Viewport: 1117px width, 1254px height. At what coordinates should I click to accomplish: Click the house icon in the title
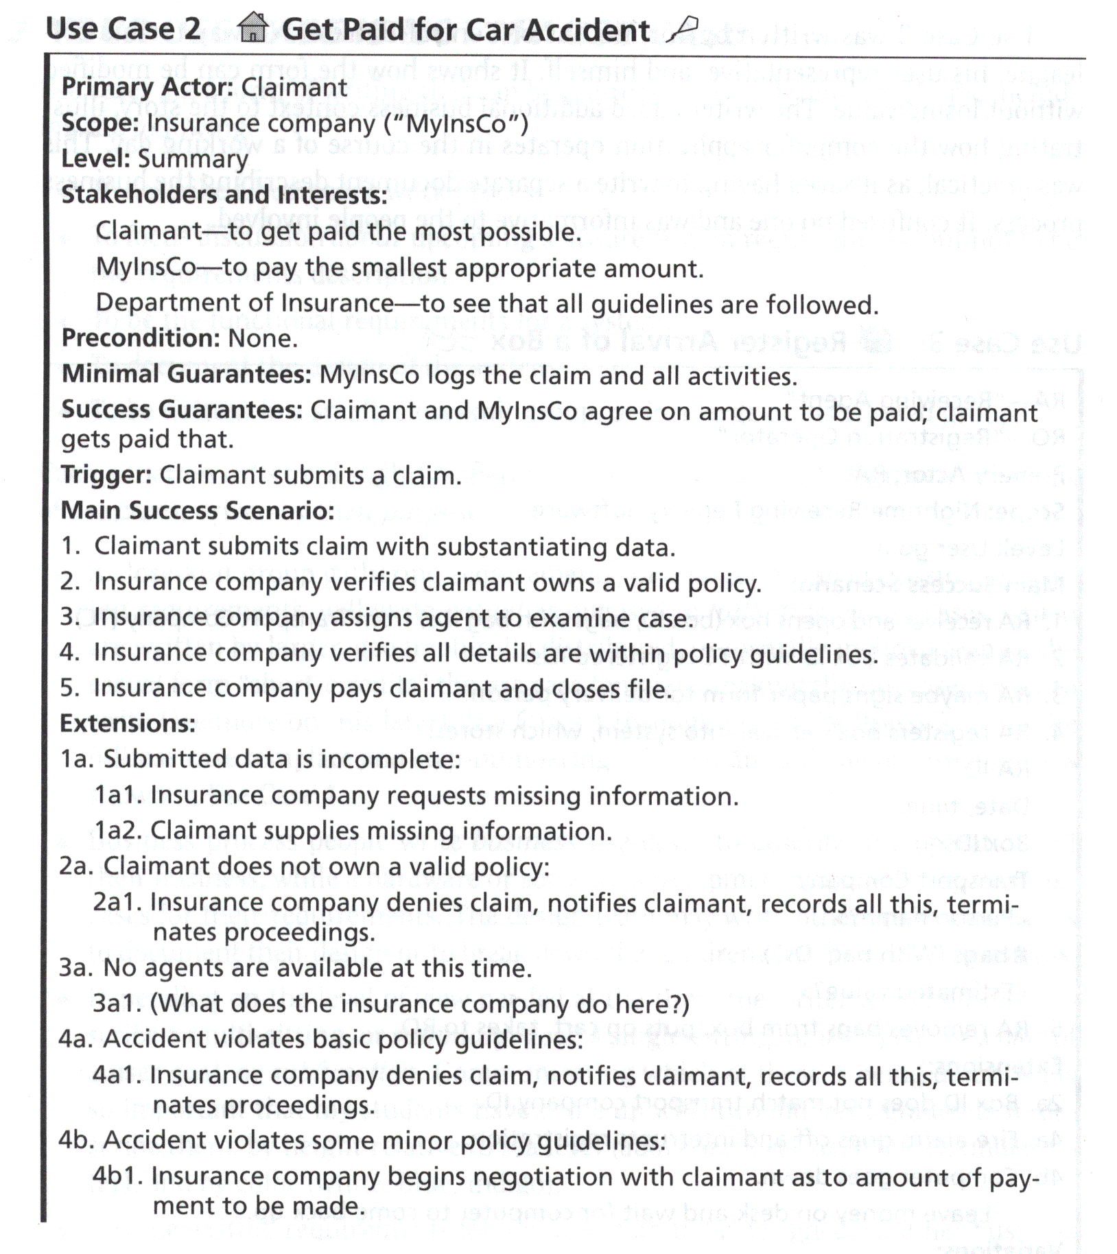(252, 28)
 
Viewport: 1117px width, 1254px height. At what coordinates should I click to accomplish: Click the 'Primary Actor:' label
(148, 87)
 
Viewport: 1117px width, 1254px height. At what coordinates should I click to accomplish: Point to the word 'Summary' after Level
(193, 159)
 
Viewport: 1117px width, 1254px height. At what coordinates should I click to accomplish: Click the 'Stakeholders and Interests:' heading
(224, 196)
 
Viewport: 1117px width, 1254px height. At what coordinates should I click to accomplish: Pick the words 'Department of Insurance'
(245, 303)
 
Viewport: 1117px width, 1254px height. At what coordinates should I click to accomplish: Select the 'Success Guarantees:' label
(182, 410)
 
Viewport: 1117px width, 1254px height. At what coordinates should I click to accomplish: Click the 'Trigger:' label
(106, 475)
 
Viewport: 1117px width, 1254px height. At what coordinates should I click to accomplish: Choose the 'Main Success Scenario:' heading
(198, 510)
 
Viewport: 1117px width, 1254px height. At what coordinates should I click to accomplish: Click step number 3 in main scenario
(69, 617)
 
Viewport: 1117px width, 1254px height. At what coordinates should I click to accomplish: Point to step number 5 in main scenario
(69, 688)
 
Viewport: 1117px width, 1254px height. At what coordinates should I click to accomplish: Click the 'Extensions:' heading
(128, 724)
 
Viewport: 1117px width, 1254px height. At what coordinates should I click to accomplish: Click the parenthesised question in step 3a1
(419, 1004)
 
